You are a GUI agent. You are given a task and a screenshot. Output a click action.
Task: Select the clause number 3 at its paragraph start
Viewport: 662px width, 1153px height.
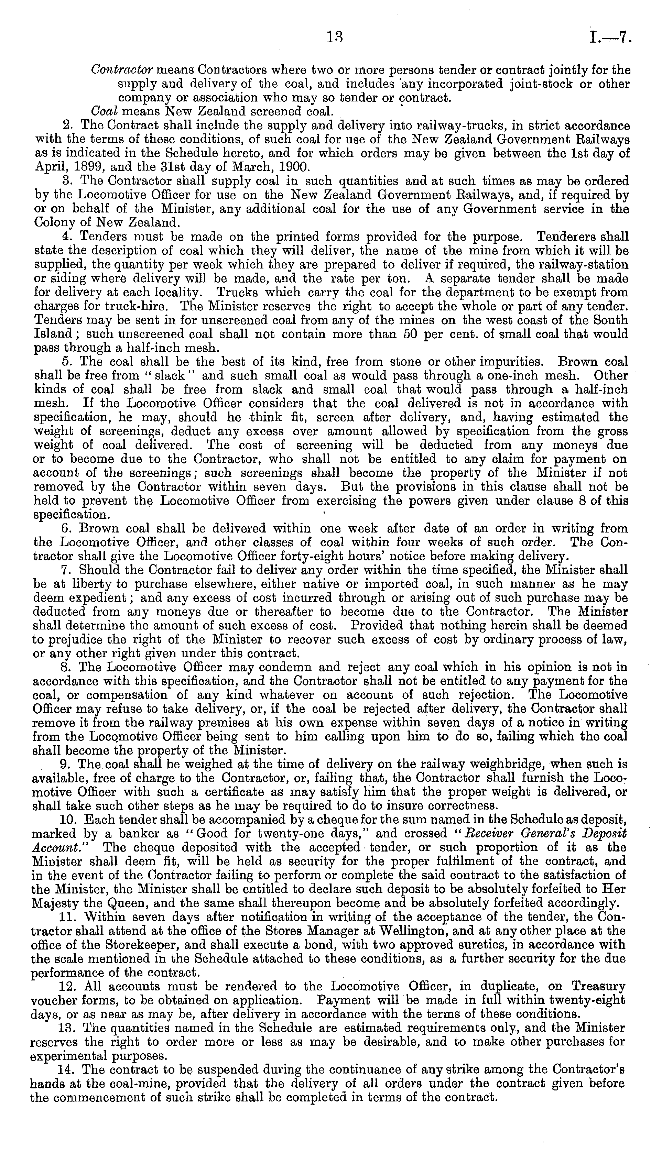tap(65, 181)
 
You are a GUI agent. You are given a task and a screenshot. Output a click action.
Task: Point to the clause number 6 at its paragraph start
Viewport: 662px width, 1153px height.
tap(65, 529)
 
